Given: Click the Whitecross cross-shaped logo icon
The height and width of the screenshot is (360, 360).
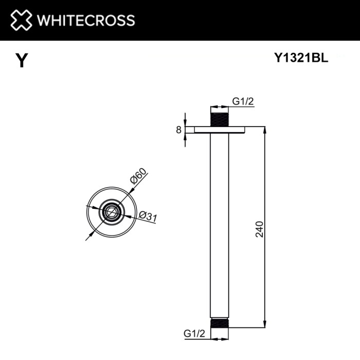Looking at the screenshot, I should (x=22, y=20).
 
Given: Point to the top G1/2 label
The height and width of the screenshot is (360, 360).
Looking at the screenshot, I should (x=243, y=102).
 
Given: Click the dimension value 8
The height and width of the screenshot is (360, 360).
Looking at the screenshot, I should (x=178, y=130).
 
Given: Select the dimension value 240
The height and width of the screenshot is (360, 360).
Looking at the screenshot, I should (x=259, y=229).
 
